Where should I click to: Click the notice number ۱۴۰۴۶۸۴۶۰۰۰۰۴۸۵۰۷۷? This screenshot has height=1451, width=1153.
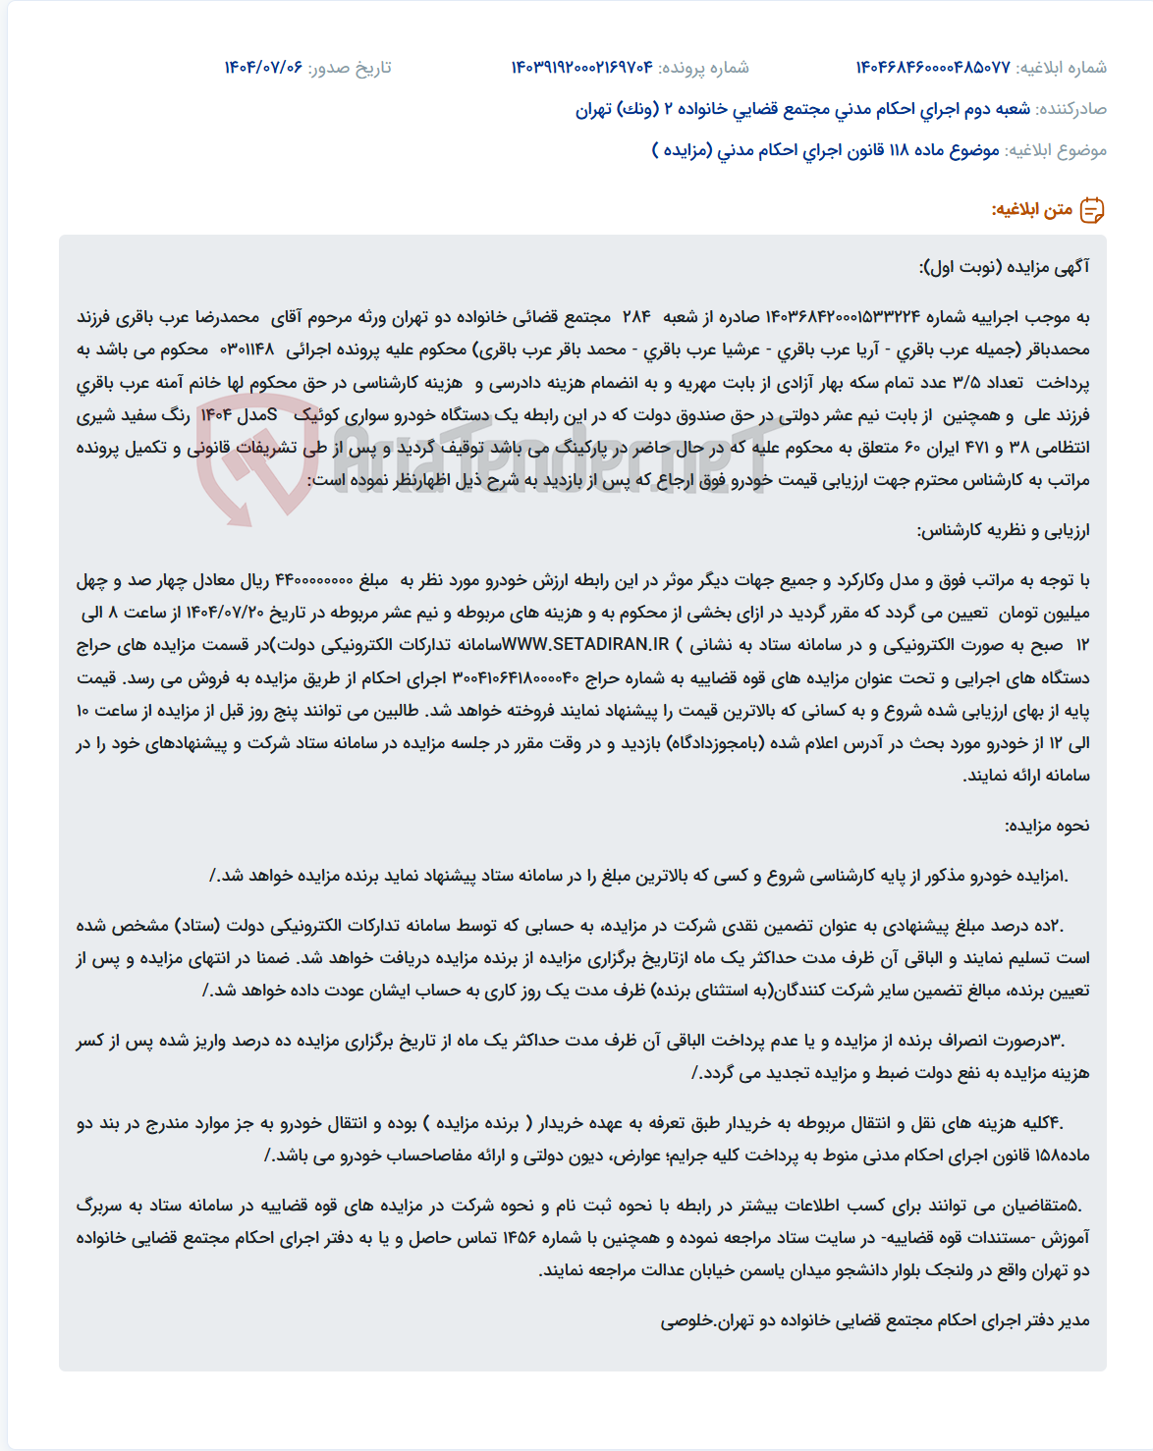pos(933,68)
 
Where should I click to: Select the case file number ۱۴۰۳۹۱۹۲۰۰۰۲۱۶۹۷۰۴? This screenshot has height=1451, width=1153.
pos(581,68)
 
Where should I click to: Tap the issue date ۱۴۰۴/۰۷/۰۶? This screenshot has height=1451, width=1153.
pos(263,68)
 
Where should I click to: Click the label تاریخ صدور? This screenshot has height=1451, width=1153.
pos(350,68)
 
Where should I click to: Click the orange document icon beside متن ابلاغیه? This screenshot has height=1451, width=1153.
pos(1092,210)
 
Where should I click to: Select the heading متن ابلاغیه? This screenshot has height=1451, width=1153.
pos(1031,210)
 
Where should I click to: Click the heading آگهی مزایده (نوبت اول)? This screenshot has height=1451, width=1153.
pos(1004,267)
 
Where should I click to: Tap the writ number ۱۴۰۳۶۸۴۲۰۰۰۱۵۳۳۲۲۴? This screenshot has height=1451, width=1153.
pos(843,317)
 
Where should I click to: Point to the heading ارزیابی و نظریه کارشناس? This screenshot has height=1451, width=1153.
pos(1003,530)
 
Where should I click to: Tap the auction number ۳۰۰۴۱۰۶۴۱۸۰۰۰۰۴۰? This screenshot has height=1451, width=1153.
pos(517,677)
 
